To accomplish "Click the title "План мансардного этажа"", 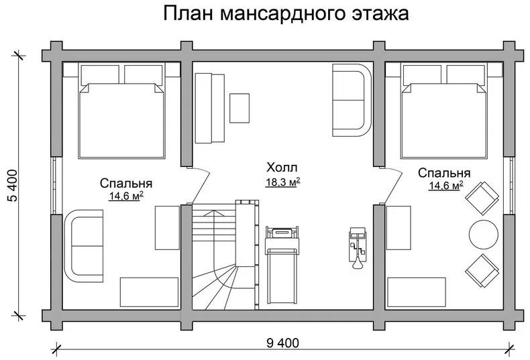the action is (286, 13).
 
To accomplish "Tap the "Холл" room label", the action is (282, 168).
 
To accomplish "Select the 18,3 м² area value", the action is (283, 182).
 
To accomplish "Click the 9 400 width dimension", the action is (282, 343).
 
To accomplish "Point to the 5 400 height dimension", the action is (12, 186).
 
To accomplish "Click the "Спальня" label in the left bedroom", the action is (126, 184).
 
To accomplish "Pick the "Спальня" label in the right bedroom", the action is (444, 173).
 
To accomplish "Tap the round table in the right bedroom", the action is (483, 235).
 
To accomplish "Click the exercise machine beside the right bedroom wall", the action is (358, 247).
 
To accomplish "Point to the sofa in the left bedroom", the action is (84, 246).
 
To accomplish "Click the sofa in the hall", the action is (352, 101).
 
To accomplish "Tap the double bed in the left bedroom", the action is (121, 111).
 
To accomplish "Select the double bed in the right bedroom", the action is (444, 111).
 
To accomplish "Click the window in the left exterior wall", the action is (57, 186).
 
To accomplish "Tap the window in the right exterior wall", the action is (509, 186).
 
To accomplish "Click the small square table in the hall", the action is (240, 108).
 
